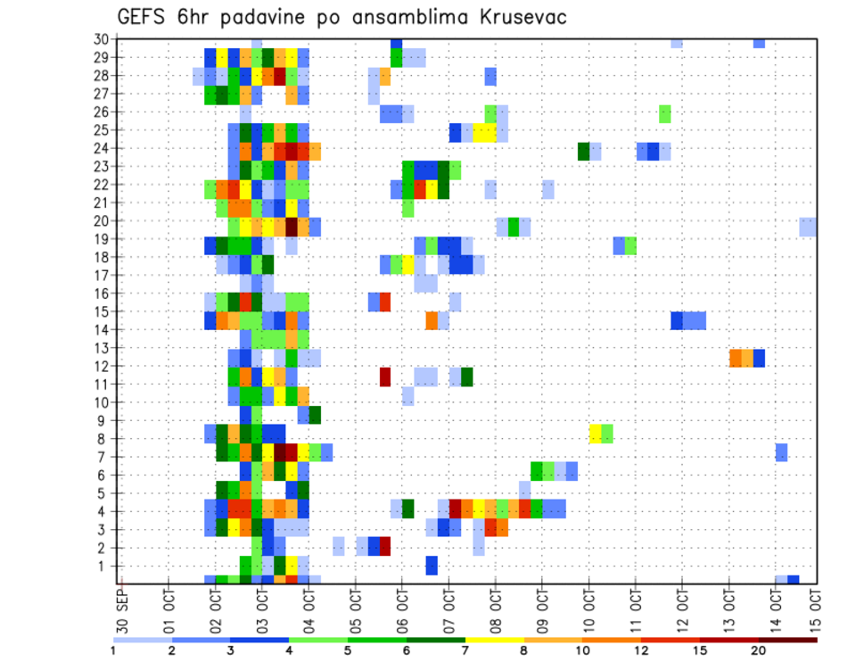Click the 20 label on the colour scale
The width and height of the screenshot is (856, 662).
click(759, 651)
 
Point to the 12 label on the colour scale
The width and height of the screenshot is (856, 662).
click(641, 651)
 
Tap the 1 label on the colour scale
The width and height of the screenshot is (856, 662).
click(113, 651)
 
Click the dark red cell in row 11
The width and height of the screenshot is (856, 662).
click(385, 377)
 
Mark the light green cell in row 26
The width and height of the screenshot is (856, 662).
click(665, 113)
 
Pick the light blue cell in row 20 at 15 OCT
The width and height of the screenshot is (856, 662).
click(808, 227)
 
